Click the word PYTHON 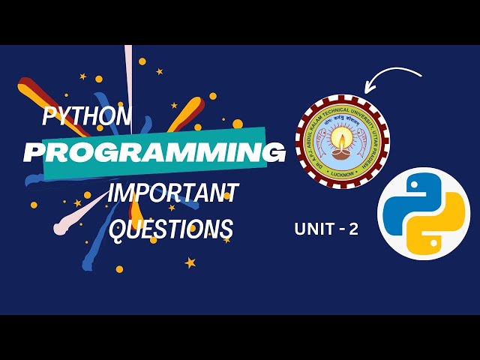point(87,117)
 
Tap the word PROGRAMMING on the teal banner point(154,152)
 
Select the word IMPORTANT point(172,193)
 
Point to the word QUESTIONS point(171,228)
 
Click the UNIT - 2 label point(326,230)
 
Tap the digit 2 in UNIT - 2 point(352,230)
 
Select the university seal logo point(342,141)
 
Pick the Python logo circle point(423,214)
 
